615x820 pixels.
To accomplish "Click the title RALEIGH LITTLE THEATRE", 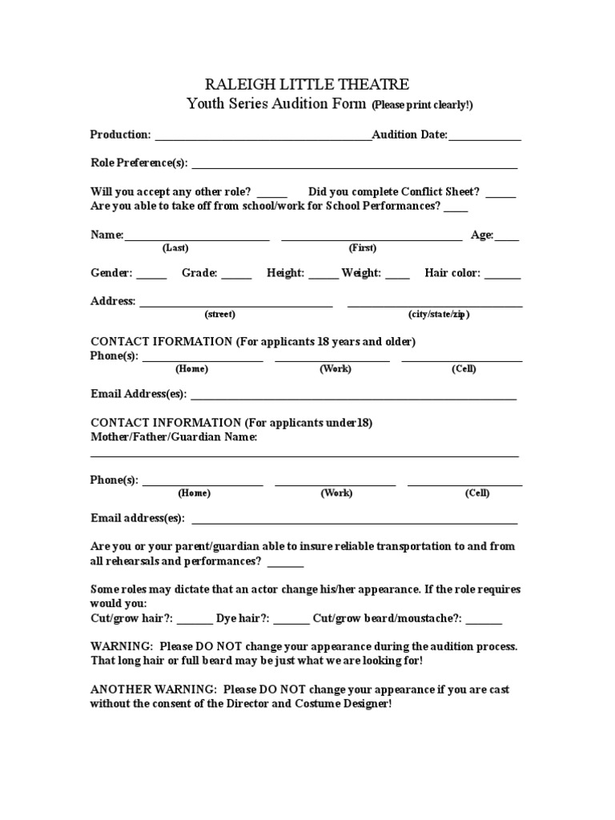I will (307, 84).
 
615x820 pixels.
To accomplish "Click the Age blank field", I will (507, 238).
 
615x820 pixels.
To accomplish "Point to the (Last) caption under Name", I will (175, 248).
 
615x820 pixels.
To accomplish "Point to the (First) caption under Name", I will (362, 248).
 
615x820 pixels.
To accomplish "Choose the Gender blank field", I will (151, 276).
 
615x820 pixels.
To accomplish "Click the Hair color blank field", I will (502, 276).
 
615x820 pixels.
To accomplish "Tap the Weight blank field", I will (397, 276).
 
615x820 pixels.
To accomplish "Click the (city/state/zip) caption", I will (438, 315).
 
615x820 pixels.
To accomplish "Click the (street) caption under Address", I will (219, 315).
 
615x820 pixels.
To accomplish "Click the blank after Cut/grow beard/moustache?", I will (484, 621).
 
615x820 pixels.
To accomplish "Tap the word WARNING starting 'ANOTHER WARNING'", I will (181, 689).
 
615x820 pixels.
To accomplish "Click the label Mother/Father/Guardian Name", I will (174, 437).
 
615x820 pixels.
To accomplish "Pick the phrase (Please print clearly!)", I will (422, 105).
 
